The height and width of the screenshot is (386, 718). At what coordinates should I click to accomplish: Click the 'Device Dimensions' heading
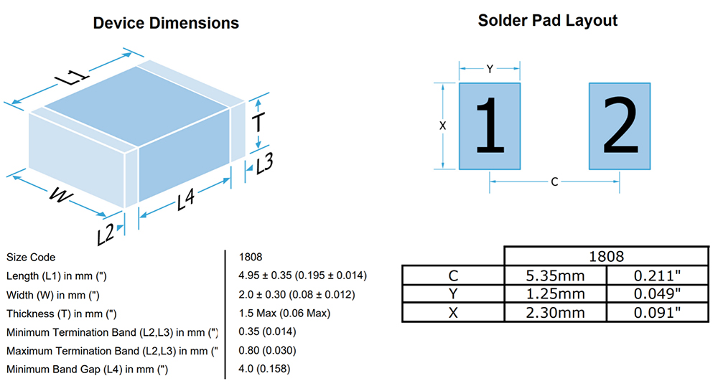[x=166, y=23]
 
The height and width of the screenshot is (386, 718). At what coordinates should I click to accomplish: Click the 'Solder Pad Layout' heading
[x=548, y=21]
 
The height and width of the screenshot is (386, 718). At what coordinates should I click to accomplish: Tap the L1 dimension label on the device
[x=72, y=76]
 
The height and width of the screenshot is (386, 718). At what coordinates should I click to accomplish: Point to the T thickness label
[x=258, y=123]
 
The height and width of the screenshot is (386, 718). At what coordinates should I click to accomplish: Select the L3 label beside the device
[x=265, y=164]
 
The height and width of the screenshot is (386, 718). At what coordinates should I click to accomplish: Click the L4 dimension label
[x=187, y=199]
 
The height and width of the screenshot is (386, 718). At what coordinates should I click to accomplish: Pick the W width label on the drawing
[x=60, y=195]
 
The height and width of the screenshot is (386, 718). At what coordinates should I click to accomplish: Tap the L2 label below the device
[x=106, y=235]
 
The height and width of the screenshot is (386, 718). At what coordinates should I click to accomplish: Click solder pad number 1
[x=490, y=126]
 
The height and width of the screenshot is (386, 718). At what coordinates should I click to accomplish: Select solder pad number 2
[x=620, y=126]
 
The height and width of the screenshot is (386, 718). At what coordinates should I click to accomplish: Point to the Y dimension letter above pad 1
[x=490, y=69]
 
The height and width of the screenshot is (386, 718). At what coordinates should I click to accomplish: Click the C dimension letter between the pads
[x=554, y=182]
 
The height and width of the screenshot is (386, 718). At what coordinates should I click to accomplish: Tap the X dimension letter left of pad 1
[x=442, y=126]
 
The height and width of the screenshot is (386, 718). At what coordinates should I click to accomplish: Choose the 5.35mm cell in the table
[x=555, y=276]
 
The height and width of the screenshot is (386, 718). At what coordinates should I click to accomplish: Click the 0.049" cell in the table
[x=657, y=293]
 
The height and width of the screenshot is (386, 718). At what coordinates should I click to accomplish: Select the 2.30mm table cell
[x=555, y=312]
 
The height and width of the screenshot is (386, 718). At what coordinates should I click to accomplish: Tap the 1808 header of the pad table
[x=606, y=256]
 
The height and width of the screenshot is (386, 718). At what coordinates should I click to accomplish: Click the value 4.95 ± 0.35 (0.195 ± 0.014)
[x=303, y=276]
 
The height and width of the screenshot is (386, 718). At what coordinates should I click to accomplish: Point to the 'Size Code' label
[x=31, y=257]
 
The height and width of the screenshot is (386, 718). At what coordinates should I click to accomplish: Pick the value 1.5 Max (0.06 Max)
[x=284, y=314]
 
